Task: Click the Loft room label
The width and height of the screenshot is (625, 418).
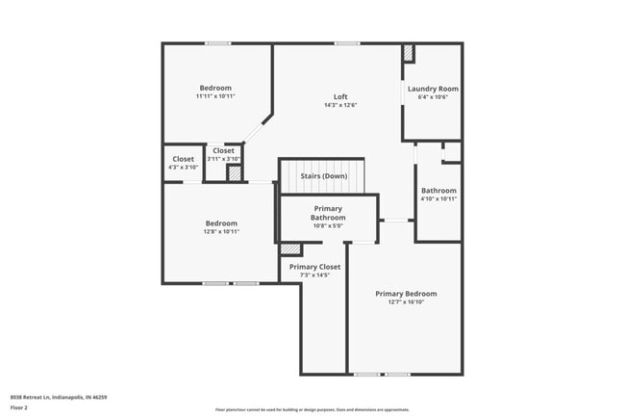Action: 340,96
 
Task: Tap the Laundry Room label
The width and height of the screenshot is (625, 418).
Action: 433,89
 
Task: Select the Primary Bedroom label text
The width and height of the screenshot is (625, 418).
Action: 406,294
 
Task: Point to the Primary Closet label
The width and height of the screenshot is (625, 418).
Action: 314,267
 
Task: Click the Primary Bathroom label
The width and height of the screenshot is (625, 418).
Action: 328,213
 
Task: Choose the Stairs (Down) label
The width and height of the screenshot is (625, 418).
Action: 323,176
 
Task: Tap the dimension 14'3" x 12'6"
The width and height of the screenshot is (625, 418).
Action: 340,105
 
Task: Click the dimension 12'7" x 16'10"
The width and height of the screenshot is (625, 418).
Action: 406,302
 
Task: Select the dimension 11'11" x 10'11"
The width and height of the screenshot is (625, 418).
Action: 215,96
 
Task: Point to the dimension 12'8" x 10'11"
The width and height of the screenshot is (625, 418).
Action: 221,231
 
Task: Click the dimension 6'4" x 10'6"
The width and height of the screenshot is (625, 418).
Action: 433,97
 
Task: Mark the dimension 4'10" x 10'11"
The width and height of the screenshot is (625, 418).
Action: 438,199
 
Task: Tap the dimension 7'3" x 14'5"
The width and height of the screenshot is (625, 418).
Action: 314,275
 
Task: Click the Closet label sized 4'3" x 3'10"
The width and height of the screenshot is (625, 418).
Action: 183,159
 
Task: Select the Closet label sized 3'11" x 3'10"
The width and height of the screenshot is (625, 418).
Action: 223,150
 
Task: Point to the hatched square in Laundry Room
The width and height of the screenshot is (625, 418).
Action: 408,53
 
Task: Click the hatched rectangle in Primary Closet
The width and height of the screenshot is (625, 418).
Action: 290,249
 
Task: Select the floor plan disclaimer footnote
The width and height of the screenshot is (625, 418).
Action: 312,409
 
